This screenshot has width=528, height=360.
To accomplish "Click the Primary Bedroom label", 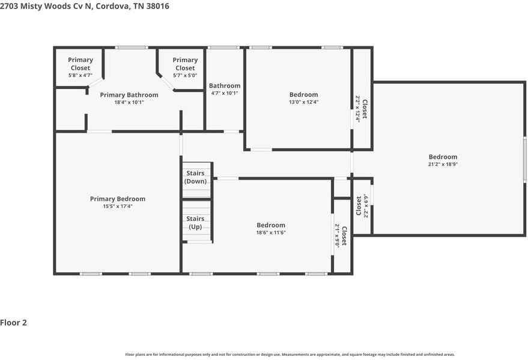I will click(x=117, y=199).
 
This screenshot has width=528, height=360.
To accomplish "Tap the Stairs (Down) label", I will click(x=195, y=177).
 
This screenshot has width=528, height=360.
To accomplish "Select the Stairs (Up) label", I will click(x=195, y=222).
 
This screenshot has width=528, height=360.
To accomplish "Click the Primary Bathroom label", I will click(x=129, y=95).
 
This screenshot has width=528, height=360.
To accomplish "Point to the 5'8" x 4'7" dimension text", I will click(x=80, y=75).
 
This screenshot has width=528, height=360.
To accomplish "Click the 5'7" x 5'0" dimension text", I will click(x=185, y=75).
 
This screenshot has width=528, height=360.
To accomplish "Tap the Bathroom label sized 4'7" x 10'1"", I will click(x=225, y=86).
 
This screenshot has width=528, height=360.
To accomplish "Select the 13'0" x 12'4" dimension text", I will click(x=303, y=102).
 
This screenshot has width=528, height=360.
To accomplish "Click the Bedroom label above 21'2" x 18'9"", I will click(x=443, y=157).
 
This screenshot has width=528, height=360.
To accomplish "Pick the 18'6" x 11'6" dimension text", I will click(x=271, y=233).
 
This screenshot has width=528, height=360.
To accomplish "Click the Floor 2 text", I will click(x=14, y=323).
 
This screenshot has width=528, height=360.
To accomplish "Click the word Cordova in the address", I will click(x=112, y=6).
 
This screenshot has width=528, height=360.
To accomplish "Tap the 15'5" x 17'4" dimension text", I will click(x=117, y=206).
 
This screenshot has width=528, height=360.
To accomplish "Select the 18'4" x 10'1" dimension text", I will click(x=129, y=102).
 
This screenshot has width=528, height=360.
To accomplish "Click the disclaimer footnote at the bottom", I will click(x=290, y=355).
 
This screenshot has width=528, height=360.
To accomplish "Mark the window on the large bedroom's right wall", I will click(x=524, y=157).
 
